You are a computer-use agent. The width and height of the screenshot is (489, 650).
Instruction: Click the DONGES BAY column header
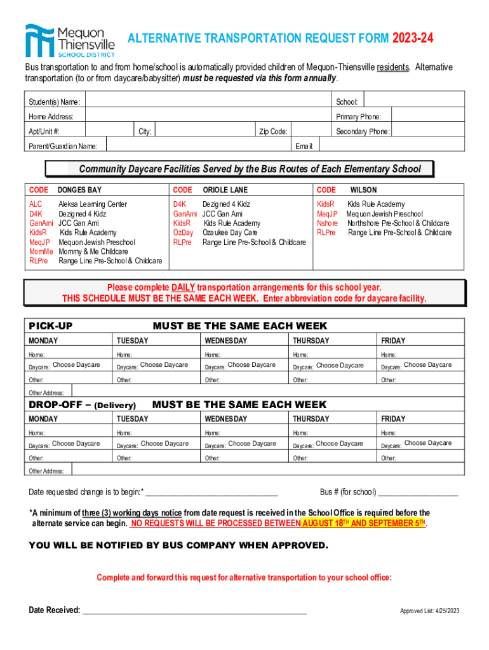pyautogui.click(x=79, y=190)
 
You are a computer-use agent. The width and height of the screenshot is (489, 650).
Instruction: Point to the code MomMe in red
pyautogui.click(x=40, y=251)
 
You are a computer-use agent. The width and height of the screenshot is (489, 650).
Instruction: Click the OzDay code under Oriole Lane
pyautogui.click(x=183, y=233)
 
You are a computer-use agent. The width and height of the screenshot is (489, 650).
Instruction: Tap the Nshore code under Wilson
pyautogui.click(x=327, y=223)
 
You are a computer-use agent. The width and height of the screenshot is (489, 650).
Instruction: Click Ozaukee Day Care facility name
pyautogui.click(x=230, y=233)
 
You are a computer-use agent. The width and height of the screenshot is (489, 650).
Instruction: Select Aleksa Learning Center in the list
pyautogui.click(x=93, y=204)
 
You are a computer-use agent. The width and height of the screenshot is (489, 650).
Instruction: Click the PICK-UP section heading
pyautogui.click(x=51, y=326)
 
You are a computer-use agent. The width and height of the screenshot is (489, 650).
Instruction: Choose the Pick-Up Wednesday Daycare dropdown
pyautogui.click(x=251, y=365)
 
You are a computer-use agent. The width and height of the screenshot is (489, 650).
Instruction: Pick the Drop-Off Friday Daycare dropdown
pyautogui.click(x=427, y=443)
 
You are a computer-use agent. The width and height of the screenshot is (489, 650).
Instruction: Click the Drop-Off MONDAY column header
pyautogui.click(x=43, y=419)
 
